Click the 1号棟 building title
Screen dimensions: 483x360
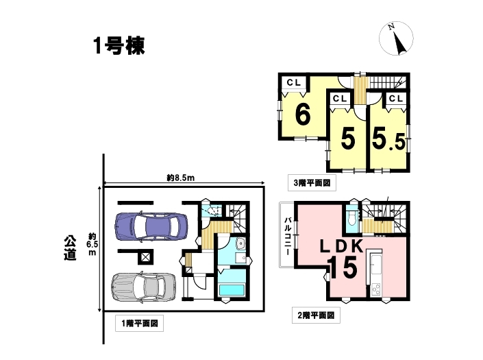coord(119,47)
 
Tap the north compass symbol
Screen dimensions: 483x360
coord(396,38)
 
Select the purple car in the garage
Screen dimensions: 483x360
coord(151,226)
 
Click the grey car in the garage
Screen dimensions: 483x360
coord(144,287)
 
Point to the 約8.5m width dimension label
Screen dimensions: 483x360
coord(180,178)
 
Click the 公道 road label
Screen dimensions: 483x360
coord(70,248)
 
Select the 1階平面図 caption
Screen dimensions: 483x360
coord(140,324)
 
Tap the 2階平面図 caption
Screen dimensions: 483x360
coord(316,315)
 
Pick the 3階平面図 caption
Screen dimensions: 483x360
coord(312,183)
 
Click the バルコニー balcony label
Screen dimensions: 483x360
coord(288,236)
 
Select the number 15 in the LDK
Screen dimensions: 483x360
coord(343,267)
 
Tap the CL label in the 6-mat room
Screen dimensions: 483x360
coord(293,82)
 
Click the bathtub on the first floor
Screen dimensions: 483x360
coord(231,291)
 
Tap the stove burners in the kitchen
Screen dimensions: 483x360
coord(376,289)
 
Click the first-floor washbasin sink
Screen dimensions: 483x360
coord(240,243)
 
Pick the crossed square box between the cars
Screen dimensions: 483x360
coord(145,256)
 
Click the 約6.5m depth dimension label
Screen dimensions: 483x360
coord(92,244)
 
